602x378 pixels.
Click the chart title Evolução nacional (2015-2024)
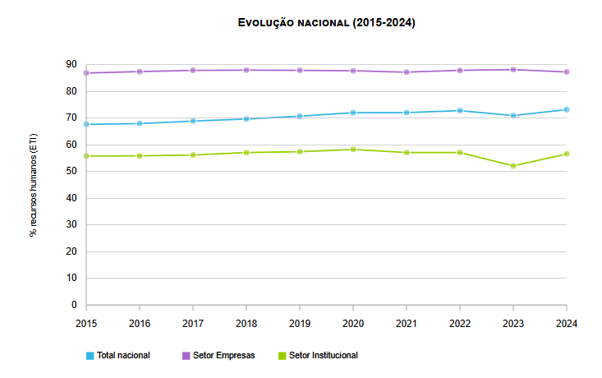point(326,23)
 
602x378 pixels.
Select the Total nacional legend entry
point(123,356)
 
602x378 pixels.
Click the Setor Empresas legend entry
point(223,356)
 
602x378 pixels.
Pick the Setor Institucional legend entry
point(323,356)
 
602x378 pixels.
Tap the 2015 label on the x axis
point(86,323)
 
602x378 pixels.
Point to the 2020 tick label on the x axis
point(353,323)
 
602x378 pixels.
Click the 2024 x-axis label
point(567,323)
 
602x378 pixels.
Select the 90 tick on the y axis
point(71,65)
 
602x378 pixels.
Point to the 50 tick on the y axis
point(71,171)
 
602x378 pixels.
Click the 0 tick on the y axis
point(74,305)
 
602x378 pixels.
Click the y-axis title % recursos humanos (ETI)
point(34,184)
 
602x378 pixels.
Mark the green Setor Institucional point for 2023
point(513,166)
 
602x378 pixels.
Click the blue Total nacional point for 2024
point(567,109)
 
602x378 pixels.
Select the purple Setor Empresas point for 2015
point(86,73)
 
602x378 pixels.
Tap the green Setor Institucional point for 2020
point(353,150)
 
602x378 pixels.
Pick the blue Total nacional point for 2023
point(513,115)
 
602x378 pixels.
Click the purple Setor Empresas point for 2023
point(513,70)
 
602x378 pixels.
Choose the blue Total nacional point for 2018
point(246,118)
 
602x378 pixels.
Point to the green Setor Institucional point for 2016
point(140,155)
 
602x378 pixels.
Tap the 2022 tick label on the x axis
point(460,323)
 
